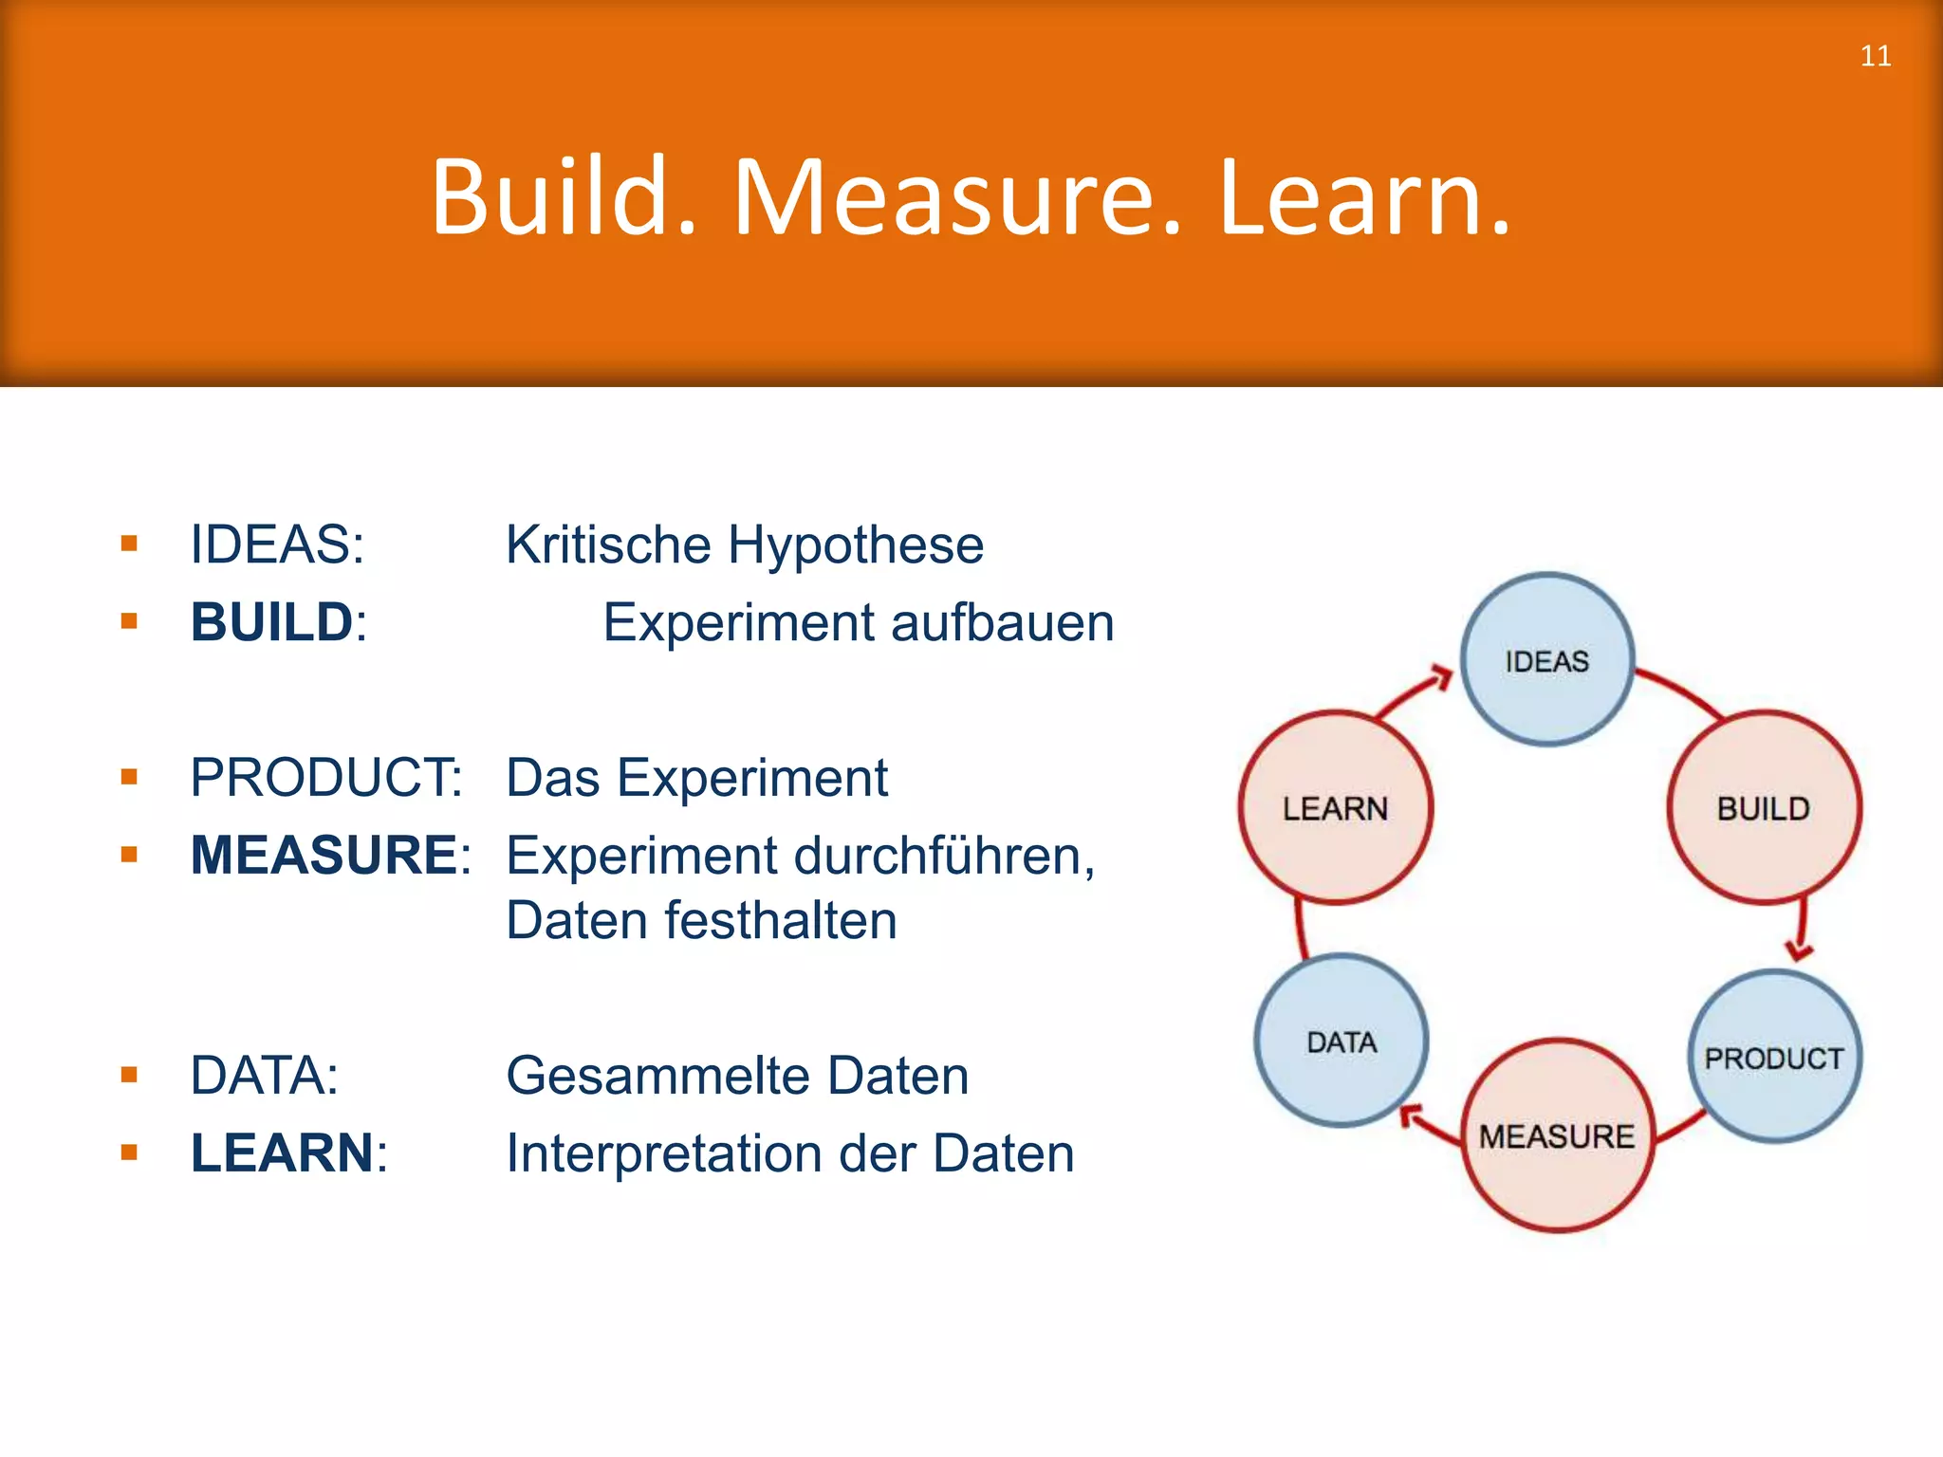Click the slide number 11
pos(1875,56)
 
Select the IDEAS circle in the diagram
pos(1546,659)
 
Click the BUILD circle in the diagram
pos(1764,807)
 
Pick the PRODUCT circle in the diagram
pos(1774,1057)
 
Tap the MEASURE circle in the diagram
pos(1557,1135)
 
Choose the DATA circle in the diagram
pos(1341,1041)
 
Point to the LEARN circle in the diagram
pos(1335,807)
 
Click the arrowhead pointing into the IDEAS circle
pos(1442,677)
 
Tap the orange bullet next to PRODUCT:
pos(130,777)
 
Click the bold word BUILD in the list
pos(271,622)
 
